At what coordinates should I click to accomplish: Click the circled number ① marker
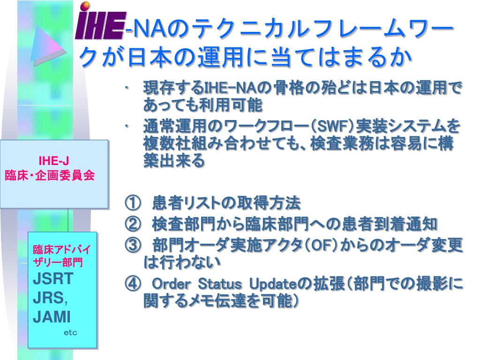[133, 203]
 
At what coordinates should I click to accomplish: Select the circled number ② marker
[133, 225]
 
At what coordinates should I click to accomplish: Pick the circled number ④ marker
[133, 284]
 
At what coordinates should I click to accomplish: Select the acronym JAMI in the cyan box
[52, 317]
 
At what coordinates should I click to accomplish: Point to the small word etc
[70, 333]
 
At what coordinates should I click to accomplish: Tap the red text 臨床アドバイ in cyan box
[61, 249]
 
